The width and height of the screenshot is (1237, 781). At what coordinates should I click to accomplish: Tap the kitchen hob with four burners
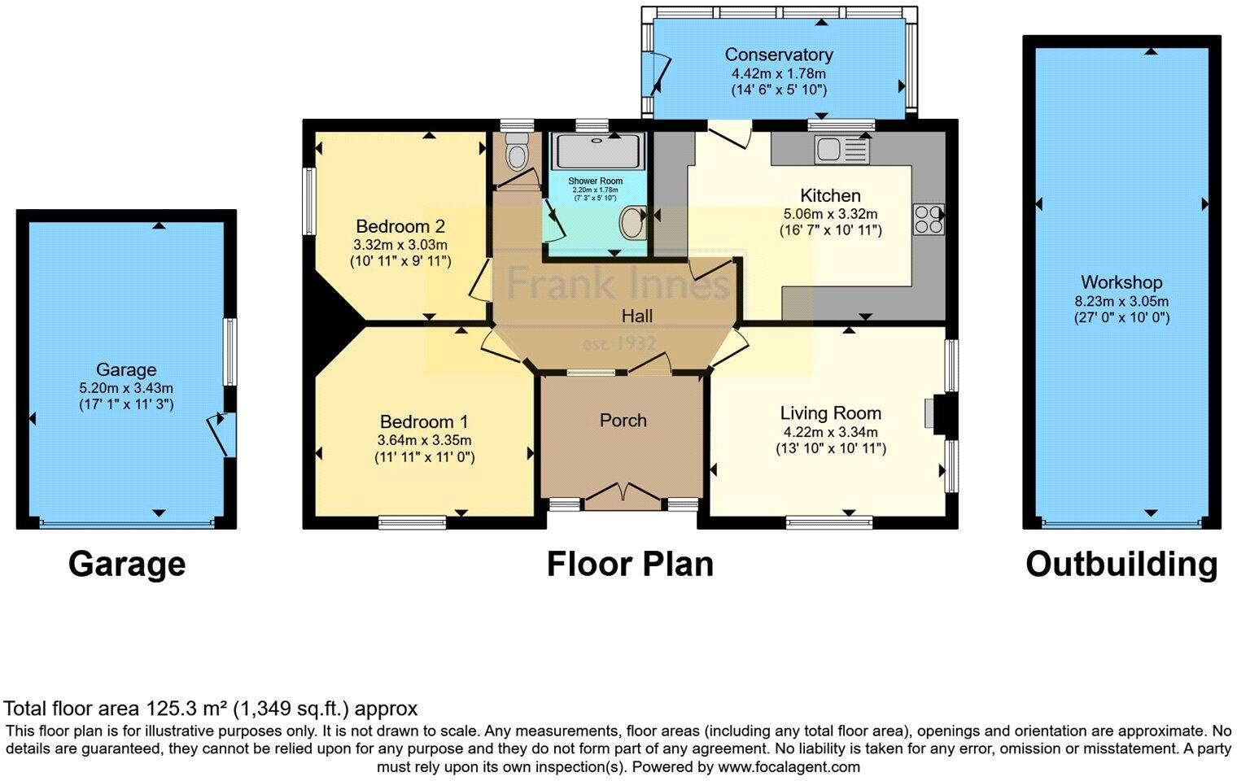click(929, 218)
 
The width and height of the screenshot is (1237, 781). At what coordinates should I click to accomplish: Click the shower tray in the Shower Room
click(599, 151)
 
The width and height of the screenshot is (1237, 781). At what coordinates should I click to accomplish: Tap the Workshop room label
click(1121, 282)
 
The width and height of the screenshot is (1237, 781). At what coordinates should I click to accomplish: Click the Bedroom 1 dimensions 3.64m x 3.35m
click(424, 440)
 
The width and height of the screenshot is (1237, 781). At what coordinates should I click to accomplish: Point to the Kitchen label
click(830, 195)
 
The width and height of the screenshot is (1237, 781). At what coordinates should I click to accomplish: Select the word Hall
click(636, 316)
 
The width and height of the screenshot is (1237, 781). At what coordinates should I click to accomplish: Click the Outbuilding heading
click(1121, 564)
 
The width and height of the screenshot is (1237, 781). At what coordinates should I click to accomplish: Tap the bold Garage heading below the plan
click(127, 564)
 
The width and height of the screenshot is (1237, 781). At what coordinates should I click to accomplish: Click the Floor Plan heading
click(630, 564)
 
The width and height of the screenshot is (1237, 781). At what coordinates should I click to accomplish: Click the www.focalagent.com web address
click(789, 766)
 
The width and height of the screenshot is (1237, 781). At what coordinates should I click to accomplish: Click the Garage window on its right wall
click(230, 351)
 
